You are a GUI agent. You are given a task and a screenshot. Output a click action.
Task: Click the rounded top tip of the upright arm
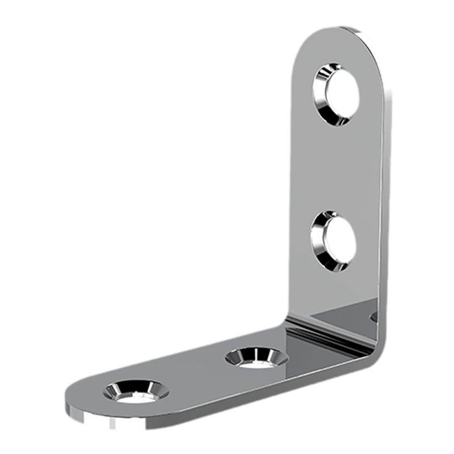(x=340, y=31)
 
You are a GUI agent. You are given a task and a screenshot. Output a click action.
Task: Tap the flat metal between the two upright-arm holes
(x=335, y=167)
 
